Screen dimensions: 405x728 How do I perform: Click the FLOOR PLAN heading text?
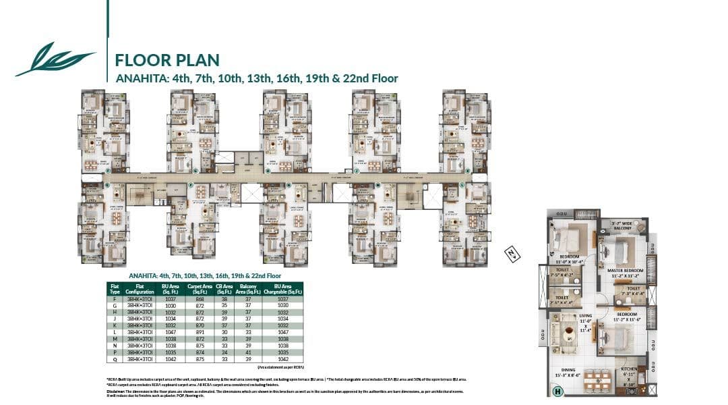[167, 59]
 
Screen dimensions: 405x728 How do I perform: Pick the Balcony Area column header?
[248, 289]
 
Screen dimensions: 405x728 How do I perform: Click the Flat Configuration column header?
[140, 289]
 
